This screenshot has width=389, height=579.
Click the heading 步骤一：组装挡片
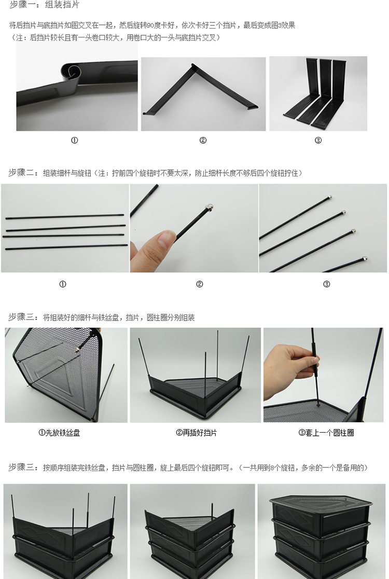(44, 5)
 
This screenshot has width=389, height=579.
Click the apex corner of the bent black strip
(192, 66)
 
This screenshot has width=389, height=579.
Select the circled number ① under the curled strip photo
(75, 140)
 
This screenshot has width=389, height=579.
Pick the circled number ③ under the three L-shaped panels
(318, 140)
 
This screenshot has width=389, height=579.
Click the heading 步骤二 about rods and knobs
(155, 173)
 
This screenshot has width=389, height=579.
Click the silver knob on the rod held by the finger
(209, 208)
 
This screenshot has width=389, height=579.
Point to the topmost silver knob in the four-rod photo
(329, 198)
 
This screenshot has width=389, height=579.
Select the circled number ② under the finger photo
(200, 284)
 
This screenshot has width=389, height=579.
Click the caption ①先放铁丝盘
(60, 433)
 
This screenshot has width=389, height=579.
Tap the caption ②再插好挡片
(197, 433)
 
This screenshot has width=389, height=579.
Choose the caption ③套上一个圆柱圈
(326, 433)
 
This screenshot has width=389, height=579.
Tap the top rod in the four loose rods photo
(65, 216)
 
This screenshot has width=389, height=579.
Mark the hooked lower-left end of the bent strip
(146, 112)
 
